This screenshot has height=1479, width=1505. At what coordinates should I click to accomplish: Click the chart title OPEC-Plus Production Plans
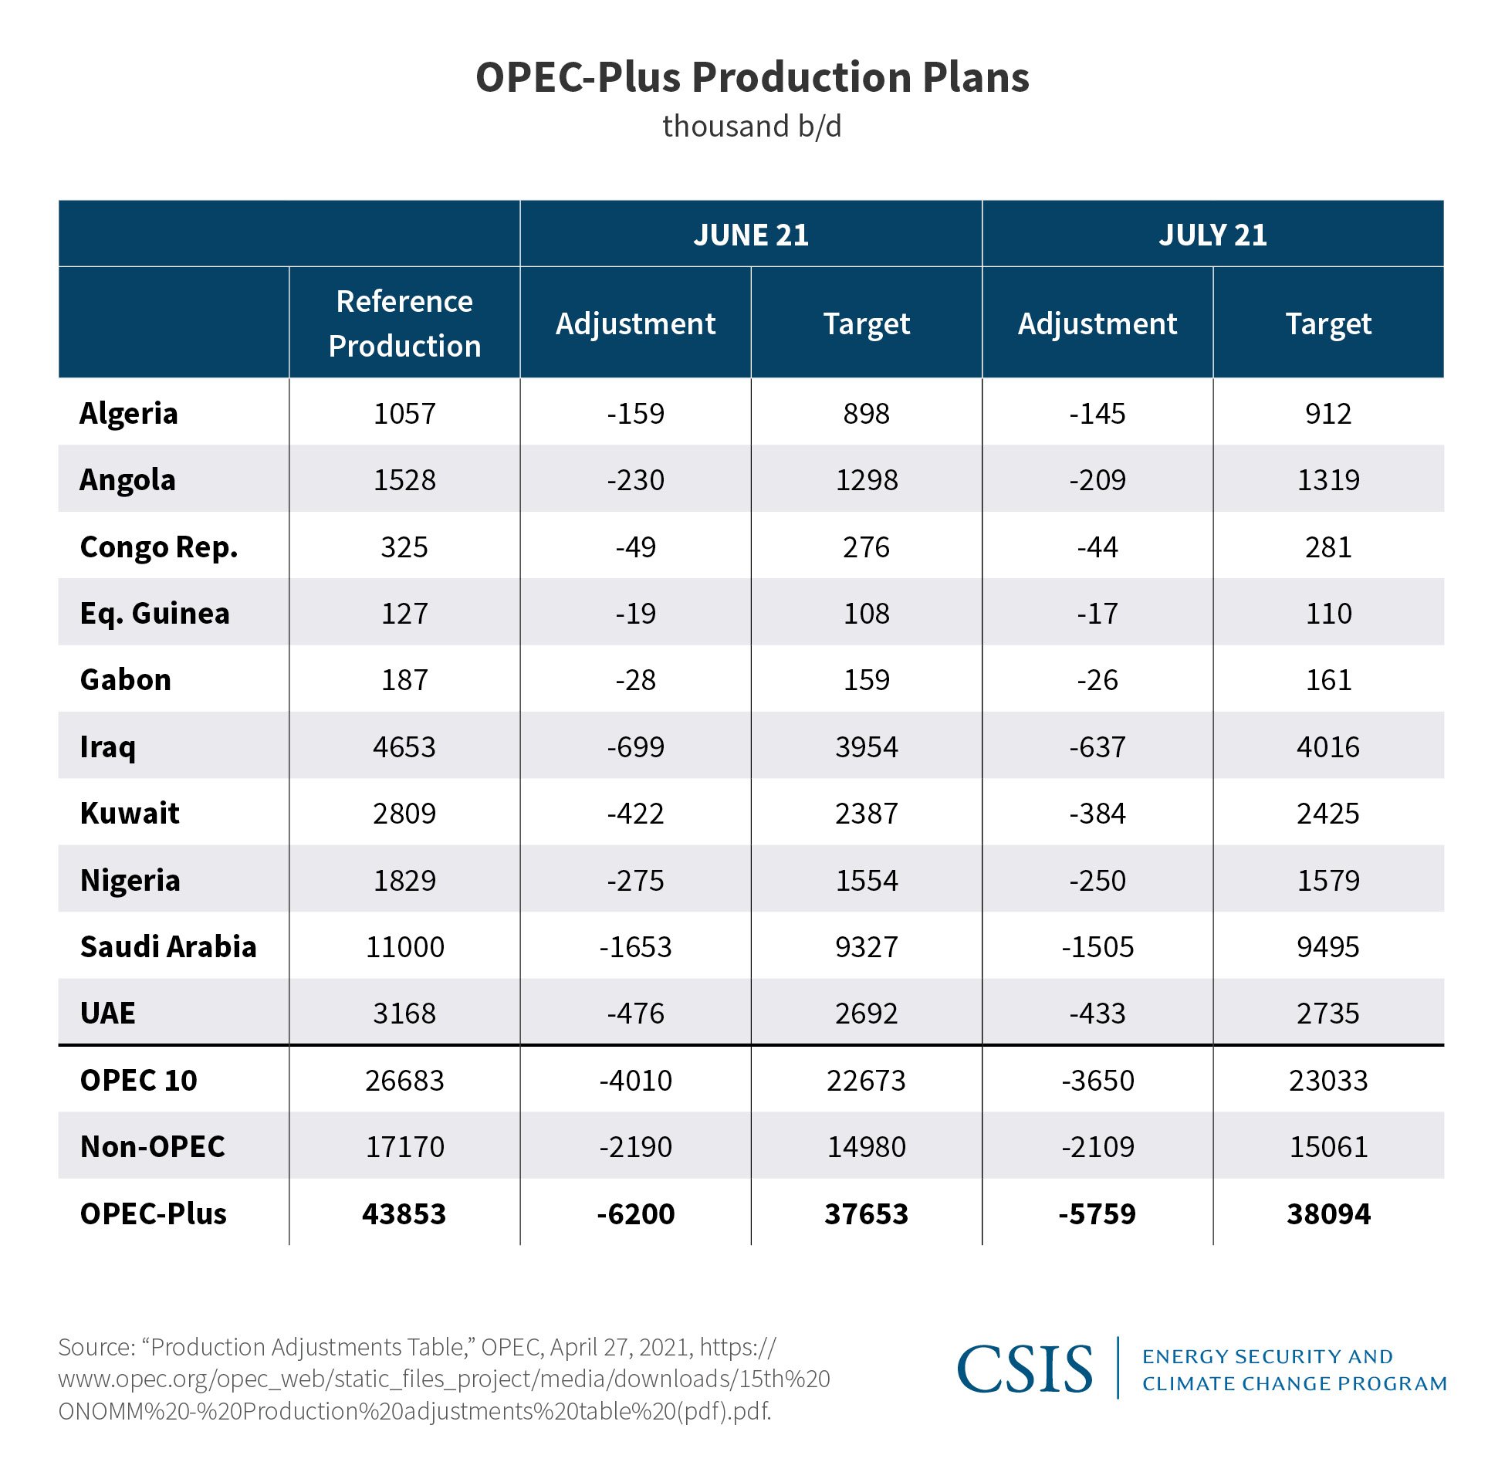752,78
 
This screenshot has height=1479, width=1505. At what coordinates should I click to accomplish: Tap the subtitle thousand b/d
752,127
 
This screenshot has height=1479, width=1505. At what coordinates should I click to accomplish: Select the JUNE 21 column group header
750,235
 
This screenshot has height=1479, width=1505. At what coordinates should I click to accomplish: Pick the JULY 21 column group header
1212,235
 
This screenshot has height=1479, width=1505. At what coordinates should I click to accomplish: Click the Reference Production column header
404,323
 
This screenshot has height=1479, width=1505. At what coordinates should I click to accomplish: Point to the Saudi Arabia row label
167,947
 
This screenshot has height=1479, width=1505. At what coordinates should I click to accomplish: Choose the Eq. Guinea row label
154,614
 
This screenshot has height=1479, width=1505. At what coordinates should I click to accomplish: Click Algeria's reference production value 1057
404,414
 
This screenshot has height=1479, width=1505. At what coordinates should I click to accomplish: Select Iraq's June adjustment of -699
635,747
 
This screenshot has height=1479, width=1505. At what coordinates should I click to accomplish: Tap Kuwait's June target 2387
866,814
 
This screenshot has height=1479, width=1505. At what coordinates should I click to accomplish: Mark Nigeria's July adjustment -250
1097,881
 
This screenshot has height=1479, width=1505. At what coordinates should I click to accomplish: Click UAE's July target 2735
1328,1014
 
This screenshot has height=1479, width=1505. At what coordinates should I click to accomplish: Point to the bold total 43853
404,1214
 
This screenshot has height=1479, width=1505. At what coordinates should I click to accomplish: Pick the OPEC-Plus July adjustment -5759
1097,1214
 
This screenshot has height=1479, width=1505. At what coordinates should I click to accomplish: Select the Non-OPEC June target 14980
866,1147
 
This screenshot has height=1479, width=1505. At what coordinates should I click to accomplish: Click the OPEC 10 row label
138,1081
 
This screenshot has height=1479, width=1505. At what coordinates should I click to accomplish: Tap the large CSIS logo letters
1024,1369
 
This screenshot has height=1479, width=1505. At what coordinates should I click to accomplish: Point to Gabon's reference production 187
404,681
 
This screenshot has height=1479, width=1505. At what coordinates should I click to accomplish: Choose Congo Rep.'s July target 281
1328,547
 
